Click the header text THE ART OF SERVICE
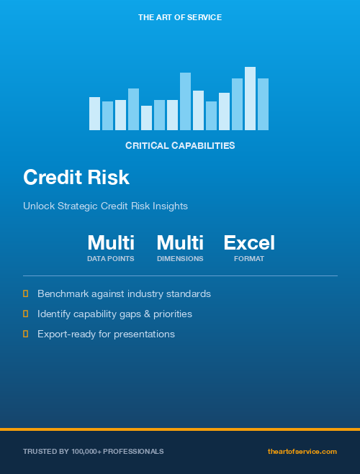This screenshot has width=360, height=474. pyautogui.click(x=180, y=17)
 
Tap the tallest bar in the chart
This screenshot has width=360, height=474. pyautogui.click(x=250, y=99)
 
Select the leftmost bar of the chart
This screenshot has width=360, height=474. pyautogui.click(x=94, y=114)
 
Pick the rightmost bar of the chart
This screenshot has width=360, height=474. pyautogui.click(x=263, y=104)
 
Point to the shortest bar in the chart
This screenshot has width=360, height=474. pyautogui.click(x=146, y=118)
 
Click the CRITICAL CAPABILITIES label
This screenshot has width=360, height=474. pyautogui.click(x=180, y=145)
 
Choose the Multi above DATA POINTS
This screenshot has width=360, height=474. pyautogui.click(x=111, y=242)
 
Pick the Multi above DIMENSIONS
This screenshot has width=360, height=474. pyautogui.click(x=180, y=242)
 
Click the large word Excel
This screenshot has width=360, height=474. pyautogui.click(x=249, y=242)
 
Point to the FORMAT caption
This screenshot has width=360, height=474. pyautogui.click(x=249, y=259)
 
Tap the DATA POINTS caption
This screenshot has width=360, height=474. pyautogui.click(x=111, y=259)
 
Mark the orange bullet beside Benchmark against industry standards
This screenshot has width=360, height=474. pyautogui.click(x=26, y=293)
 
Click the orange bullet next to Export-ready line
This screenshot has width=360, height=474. pyautogui.click(x=26, y=334)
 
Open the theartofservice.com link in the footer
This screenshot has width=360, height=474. pyautogui.click(x=302, y=452)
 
